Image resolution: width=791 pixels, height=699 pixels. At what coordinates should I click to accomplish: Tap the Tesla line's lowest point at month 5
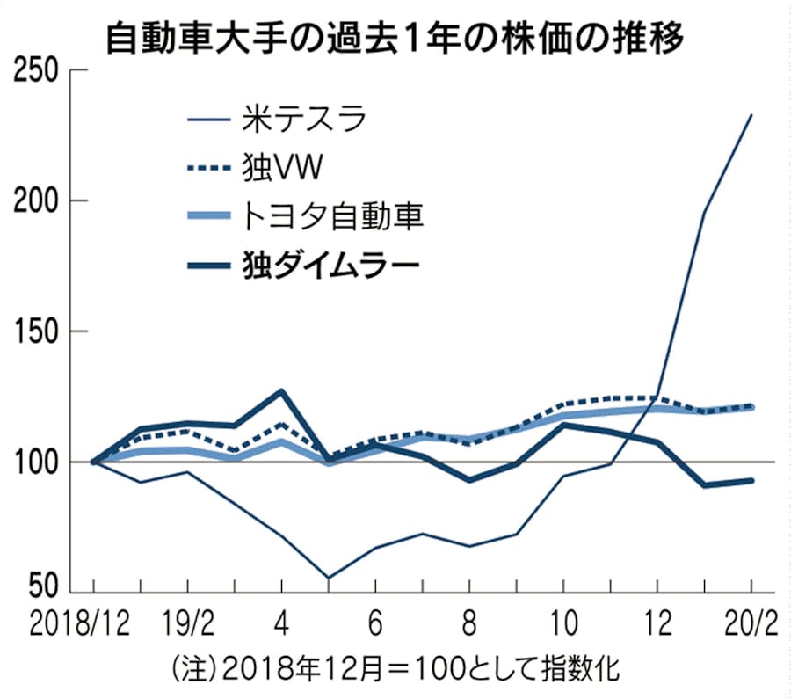pyautogui.click(x=328, y=578)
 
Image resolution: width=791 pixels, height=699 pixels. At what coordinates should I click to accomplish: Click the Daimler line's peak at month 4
pyautogui.click(x=281, y=390)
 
